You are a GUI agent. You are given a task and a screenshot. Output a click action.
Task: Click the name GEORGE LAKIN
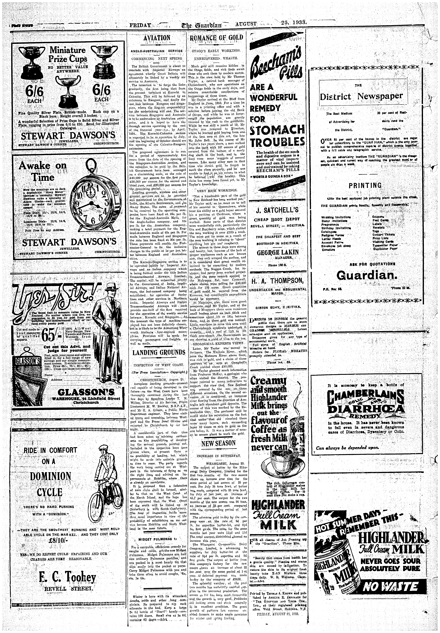click(x=277, y=253)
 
